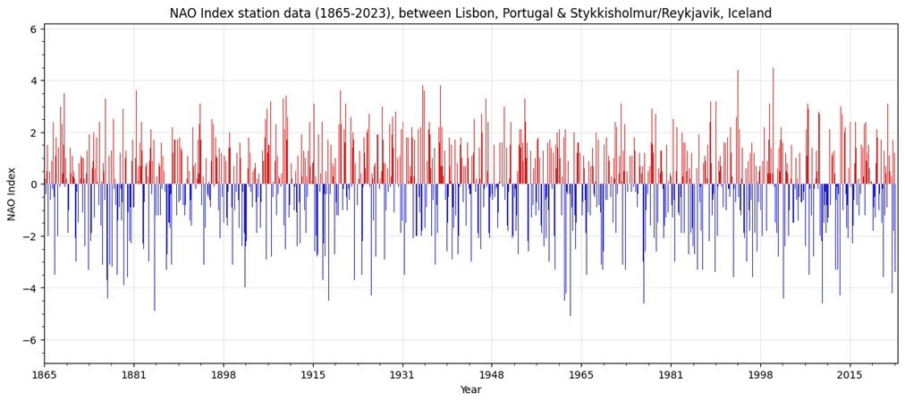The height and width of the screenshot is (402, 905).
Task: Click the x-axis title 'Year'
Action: pyautogui.click(x=470, y=389)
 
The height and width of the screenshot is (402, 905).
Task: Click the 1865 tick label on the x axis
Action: pyautogui.click(x=45, y=375)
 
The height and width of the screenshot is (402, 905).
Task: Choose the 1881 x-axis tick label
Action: pyautogui.click(x=134, y=375)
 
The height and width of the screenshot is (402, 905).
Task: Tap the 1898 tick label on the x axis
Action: pyautogui.click(x=223, y=375)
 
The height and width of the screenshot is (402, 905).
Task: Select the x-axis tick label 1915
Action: pyautogui.click(x=313, y=375)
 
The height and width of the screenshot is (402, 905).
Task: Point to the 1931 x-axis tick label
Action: pyautogui.click(x=402, y=375)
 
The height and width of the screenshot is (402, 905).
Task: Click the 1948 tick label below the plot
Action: pyautogui.click(x=492, y=375)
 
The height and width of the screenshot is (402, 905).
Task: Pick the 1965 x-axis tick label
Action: pyautogui.click(x=581, y=375)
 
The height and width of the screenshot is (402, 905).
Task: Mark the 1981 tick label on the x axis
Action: pyautogui.click(x=671, y=375)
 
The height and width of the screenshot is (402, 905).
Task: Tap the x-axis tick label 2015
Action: pyautogui.click(x=850, y=375)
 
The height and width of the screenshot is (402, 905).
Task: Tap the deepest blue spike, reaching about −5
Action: pyautogui.click(x=571, y=313)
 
